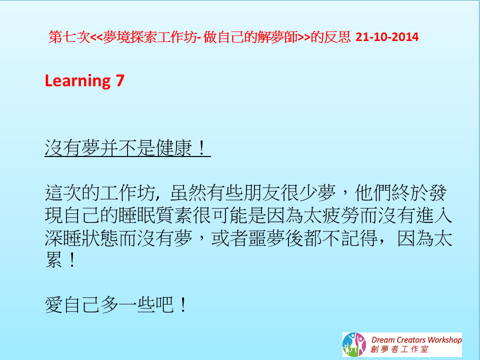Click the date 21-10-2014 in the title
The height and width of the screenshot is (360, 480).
point(387,37)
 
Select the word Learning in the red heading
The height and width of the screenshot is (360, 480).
point(78,81)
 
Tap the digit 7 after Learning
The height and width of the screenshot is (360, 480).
point(120,80)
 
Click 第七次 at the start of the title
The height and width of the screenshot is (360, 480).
point(69,37)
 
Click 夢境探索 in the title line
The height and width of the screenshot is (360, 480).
point(130,37)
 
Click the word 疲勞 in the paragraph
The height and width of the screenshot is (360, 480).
point(340,215)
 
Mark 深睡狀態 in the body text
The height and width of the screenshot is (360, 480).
point(81,238)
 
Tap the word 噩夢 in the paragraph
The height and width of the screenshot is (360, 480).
point(266,238)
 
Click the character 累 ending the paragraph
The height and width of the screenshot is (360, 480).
point(54,260)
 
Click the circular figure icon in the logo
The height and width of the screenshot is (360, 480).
point(354,344)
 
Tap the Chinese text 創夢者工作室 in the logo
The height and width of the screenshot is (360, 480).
point(399,349)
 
